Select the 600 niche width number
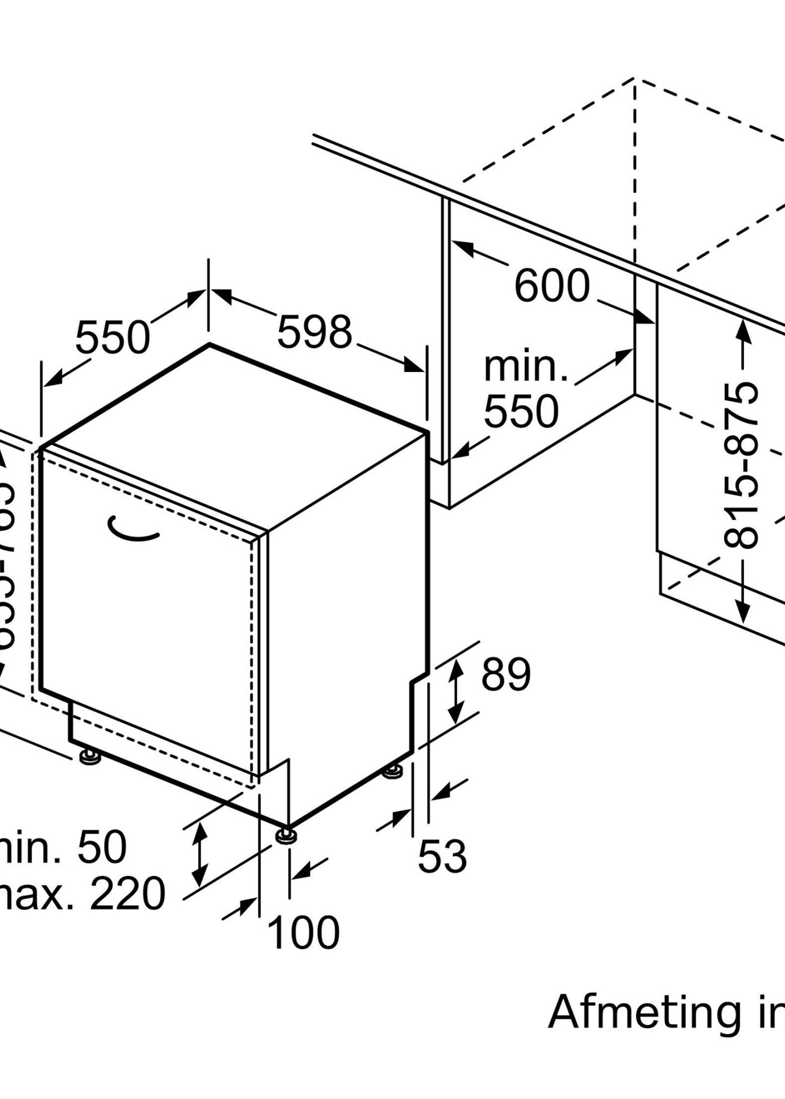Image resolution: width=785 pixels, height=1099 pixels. click(552, 286)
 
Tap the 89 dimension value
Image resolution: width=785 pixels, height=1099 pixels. click(506, 674)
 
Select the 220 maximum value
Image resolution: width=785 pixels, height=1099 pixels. click(128, 894)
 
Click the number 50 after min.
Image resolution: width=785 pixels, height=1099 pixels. click(102, 848)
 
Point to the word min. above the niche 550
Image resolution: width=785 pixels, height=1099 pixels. click(526, 368)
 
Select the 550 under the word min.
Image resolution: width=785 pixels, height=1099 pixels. click(521, 411)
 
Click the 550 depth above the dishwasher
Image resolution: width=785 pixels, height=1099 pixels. click(112, 337)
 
